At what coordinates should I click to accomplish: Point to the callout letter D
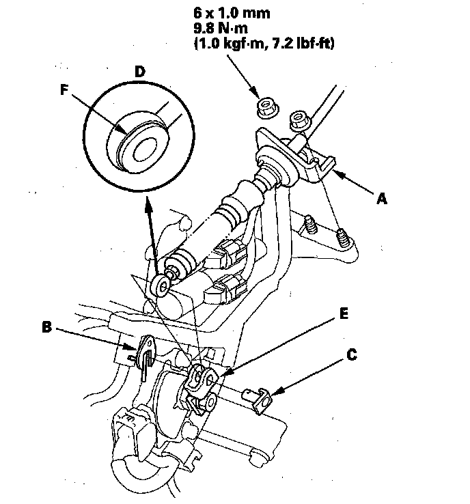(x=139, y=72)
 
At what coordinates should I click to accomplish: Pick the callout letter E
(x=344, y=313)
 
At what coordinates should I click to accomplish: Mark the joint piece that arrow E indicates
(x=202, y=385)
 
